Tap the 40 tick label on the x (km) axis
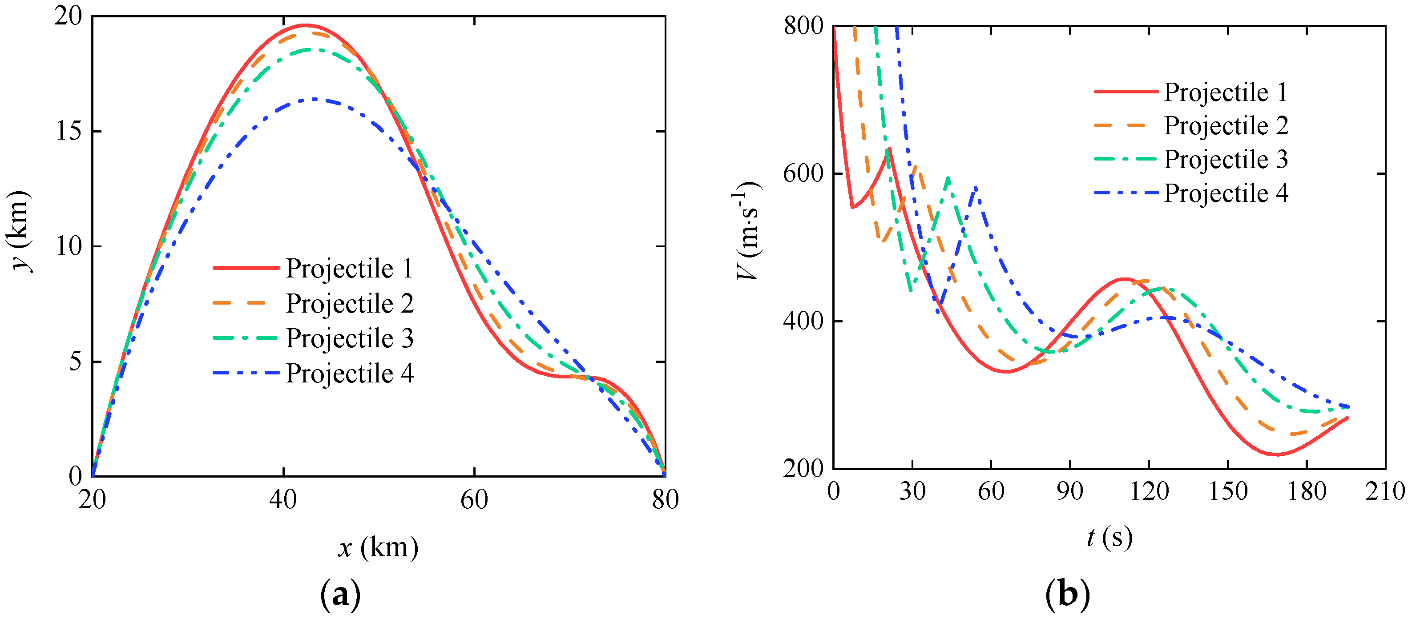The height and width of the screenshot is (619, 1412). tap(283, 499)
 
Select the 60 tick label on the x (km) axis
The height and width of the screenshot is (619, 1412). tap(474, 499)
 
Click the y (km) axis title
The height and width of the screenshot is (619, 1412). tap(19, 231)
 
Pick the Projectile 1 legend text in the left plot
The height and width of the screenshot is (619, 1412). tap(349, 269)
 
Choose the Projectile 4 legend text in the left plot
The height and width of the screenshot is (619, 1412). tap(349, 374)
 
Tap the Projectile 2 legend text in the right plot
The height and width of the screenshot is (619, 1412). tap(1226, 126)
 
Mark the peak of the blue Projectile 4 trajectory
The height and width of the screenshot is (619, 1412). tap(314, 99)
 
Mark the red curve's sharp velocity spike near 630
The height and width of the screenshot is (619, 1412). tap(889, 148)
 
